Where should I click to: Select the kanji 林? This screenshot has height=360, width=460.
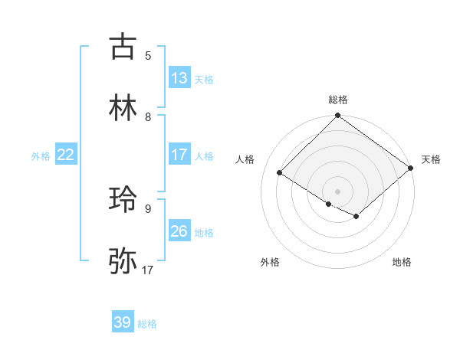(123, 108)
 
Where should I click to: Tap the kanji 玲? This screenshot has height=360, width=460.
(123, 200)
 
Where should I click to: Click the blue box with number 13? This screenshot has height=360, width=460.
(179, 78)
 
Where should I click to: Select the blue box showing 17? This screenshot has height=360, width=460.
(179, 155)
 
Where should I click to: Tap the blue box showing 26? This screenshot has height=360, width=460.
(179, 231)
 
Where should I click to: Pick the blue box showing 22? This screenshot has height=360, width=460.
(66, 155)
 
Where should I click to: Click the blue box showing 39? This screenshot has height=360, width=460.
(123, 322)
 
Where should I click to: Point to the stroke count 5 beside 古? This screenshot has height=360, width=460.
(148, 55)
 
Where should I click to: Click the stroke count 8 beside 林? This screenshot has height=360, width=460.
(148, 117)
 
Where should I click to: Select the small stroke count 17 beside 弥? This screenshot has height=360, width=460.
(148, 270)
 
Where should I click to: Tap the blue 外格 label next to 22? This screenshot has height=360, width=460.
(41, 156)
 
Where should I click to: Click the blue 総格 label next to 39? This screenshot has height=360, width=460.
(147, 324)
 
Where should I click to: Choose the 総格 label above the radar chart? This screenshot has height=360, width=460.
(338, 100)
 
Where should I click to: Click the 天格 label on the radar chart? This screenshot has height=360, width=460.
(431, 159)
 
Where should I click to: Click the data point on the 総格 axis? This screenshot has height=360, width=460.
(338, 116)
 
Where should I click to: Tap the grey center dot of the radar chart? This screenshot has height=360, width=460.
(338, 191)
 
